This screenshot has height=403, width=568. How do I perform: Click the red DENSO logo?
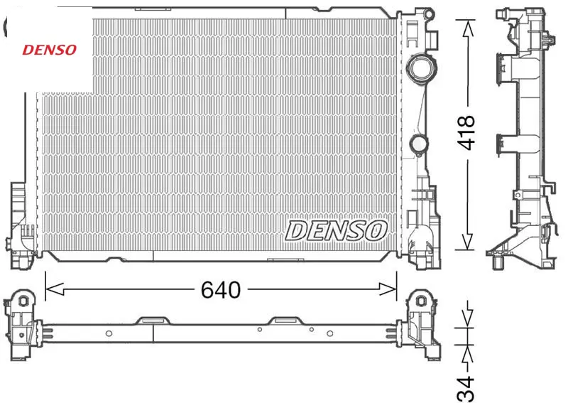[x=50, y=50]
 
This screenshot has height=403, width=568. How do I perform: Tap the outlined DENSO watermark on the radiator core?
[x=336, y=231]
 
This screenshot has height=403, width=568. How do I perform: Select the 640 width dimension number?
[x=221, y=290]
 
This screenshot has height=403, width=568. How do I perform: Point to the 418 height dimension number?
[x=466, y=133]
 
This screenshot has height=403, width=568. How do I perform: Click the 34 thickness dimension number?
[x=466, y=388]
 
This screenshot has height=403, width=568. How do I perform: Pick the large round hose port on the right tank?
[x=421, y=68]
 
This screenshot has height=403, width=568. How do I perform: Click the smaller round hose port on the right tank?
[x=419, y=144]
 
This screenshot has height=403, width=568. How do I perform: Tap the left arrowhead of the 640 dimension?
[x=55, y=289]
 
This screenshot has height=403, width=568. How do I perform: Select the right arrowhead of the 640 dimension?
[x=388, y=289]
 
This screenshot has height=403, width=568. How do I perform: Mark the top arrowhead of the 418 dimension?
[x=468, y=29]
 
